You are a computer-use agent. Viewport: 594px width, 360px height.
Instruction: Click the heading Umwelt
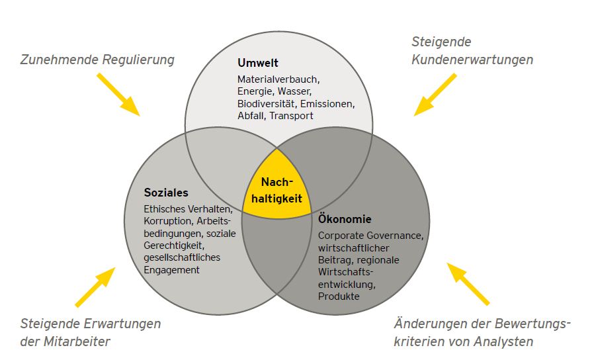pos(257,62)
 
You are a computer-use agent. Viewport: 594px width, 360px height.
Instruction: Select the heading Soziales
pos(166,193)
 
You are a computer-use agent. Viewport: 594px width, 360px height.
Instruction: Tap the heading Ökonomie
pos(345,218)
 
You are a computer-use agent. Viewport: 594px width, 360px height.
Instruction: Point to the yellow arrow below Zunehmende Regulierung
pos(118,95)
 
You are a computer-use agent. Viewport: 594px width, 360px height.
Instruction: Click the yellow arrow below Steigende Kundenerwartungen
pos(435,95)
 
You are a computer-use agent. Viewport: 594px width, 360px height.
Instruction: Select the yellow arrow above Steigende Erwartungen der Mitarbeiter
pos(95,287)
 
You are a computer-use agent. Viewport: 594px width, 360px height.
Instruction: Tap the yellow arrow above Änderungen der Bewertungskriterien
pos(468,284)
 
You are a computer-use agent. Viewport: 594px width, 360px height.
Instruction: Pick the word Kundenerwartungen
pos(472,60)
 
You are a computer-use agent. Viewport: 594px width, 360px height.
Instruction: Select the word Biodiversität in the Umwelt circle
pos(266,103)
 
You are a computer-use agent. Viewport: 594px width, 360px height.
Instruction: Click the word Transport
pos(291,116)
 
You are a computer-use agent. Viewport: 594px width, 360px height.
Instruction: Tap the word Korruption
pos(167,221)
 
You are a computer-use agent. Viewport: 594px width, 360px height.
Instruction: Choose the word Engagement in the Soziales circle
pos(171,270)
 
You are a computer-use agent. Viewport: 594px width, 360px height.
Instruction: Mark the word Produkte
pos(339,296)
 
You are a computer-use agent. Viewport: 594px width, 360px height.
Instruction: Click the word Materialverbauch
pos(278,79)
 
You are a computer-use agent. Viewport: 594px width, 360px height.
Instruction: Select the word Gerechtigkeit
pos(174,246)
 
